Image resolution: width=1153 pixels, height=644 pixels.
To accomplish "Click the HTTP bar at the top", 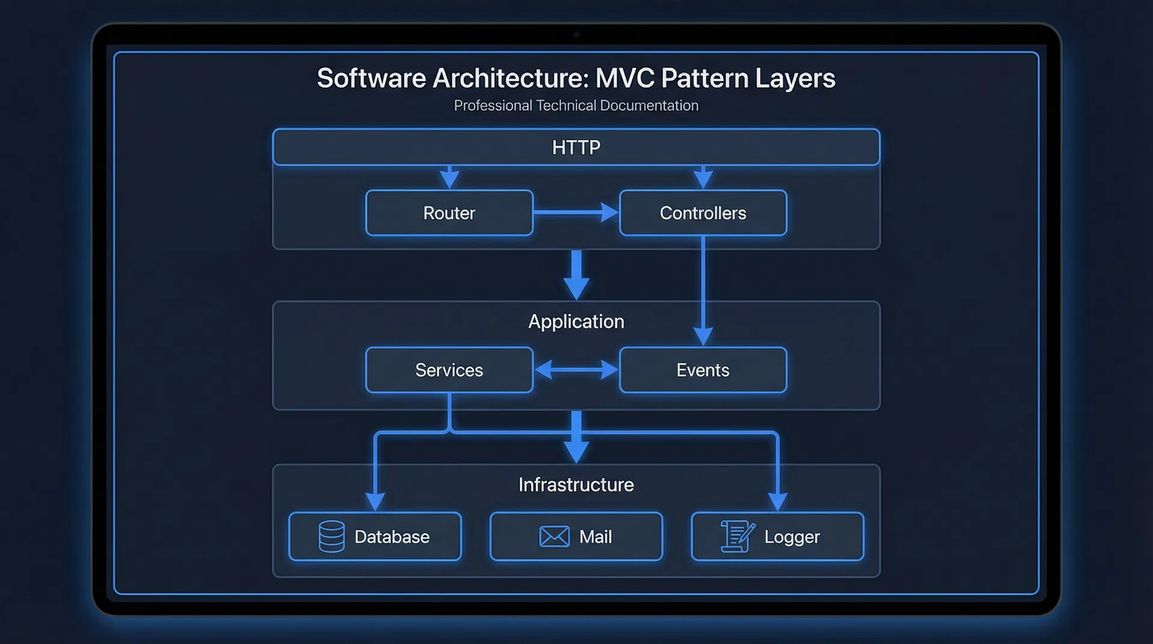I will [x=576, y=147].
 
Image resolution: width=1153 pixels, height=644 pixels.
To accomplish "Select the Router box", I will [x=449, y=213].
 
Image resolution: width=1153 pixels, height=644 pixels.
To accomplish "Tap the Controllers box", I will [x=703, y=213].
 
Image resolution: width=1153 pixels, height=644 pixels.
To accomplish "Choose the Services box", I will [x=449, y=370].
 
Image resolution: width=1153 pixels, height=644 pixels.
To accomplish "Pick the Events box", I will [x=703, y=370].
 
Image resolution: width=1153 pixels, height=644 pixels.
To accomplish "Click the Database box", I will [x=375, y=536].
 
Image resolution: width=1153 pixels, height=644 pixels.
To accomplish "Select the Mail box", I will [x=576, y=536].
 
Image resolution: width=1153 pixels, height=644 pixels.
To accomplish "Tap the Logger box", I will [x=777, y=536].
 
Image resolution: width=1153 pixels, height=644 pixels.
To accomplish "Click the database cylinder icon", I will [x=331, y=536].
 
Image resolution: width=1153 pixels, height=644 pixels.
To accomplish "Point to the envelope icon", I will [x=554, y=536].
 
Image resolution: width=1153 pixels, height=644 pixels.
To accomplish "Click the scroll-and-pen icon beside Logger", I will [x=737, y=536].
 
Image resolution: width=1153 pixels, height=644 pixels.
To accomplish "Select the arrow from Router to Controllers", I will [x=575, y=212].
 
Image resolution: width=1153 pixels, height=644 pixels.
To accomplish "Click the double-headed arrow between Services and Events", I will [x=576, y=369].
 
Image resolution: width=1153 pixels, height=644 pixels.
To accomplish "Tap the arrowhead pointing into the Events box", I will [x=703, y=336].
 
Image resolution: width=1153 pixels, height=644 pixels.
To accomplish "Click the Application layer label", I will [x=576, y=321].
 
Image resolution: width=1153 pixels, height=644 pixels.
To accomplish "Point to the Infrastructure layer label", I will [x=576, y=485].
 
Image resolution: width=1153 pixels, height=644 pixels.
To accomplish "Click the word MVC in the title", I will [x=625, y=78].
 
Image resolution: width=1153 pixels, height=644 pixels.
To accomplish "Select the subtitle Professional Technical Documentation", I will [x=576, y=106].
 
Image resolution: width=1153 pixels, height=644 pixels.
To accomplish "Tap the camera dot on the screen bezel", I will [x=576, y=34].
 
